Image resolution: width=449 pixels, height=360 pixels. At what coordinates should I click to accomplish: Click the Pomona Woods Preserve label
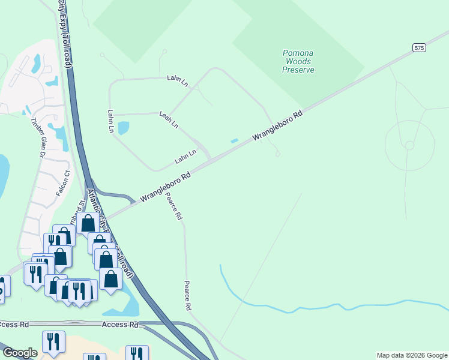298,61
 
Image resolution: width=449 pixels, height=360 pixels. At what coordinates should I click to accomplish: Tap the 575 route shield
419,47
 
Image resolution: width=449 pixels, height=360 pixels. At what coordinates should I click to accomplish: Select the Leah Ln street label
169,119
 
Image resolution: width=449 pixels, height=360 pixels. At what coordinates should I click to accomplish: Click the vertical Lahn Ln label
111,121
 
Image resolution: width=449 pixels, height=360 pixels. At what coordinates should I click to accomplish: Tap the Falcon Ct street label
63,182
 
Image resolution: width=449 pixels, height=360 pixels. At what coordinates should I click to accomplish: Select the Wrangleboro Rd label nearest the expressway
165,187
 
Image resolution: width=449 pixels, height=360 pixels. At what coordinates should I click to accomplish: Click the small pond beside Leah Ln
124,128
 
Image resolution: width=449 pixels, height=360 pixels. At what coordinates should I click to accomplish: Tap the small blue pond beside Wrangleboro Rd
234,141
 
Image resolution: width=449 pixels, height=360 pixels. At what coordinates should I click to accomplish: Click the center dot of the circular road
409,145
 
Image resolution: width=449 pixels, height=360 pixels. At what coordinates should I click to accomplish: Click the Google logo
20,353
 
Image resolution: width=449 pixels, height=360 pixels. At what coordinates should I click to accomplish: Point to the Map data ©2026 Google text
412,355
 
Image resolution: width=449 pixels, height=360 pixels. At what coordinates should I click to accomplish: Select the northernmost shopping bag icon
88,223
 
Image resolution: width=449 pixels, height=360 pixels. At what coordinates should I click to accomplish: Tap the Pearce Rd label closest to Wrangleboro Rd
175,207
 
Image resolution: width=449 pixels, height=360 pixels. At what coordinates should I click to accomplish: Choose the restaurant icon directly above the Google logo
53,341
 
